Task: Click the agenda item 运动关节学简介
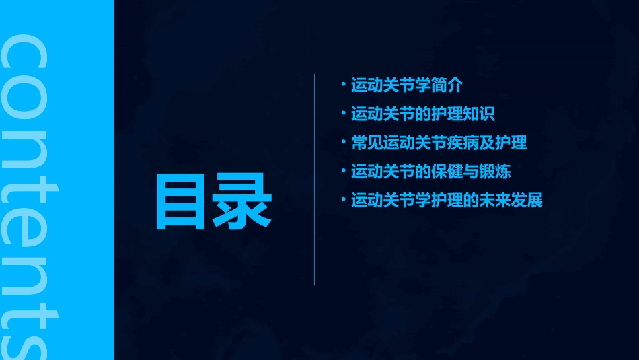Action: pyautogui.click(x=407, y=85)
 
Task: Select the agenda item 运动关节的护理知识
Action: pyautogui.click(x=423, y=114)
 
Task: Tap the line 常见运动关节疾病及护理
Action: pyautogui.click(x=439, y=143)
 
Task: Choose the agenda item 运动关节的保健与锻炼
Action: pyautogui.click(x=431, y=172)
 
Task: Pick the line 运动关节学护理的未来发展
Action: pyautogui.click(x=447, y=201)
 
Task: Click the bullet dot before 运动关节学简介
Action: pyautogui.click(x=344, y=85)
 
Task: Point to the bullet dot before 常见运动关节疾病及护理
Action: pyautogui.click(x=344, y=143)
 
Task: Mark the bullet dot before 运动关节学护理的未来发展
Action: pyautogui.click(x=344, y=201)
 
